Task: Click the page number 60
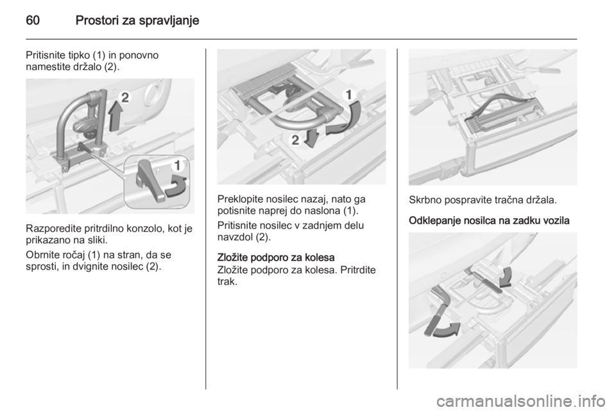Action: (33, 20)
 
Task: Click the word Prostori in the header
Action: (97, 20)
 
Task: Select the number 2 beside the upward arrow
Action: (124, 97)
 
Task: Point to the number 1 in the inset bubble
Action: (178, 166)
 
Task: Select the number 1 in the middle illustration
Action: (349, 95)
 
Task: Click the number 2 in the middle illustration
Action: (295, 139)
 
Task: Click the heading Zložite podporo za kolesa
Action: (276, 257)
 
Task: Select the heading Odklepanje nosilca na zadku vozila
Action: (489, 221)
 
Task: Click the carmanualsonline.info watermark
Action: (523, 401)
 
